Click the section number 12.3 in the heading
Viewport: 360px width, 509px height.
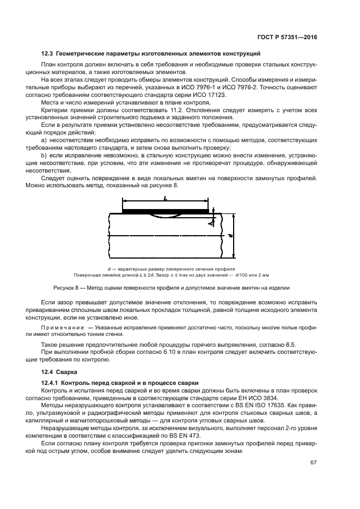pos(47,53)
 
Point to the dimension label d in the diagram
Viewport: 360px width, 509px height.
pos(231,236)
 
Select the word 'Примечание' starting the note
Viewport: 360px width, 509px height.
pos(62,329)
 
